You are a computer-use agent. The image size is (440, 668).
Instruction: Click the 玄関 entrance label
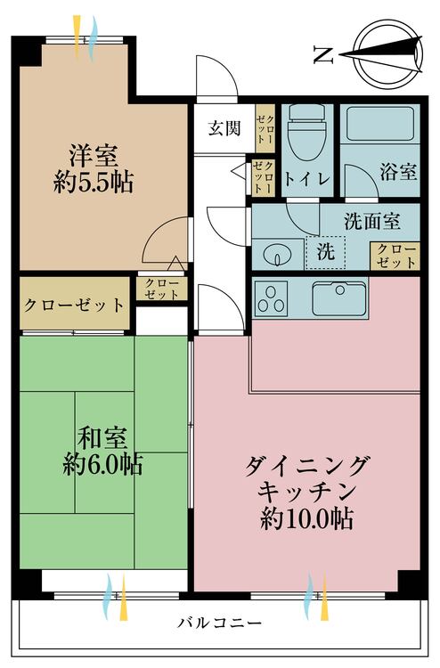click(224, 127)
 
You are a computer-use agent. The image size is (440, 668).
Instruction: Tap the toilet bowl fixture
click(306, 133)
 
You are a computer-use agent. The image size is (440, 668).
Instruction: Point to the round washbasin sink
click(277, 256)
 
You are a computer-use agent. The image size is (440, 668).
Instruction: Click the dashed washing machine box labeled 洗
click(326, 253)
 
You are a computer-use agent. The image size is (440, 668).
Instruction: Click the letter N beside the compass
click(322, 55)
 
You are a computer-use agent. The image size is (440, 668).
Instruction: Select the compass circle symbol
click(389, 54)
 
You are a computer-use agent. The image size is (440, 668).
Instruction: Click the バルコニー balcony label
click(220, 623)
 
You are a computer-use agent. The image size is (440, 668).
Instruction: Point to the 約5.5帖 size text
click(94, 183)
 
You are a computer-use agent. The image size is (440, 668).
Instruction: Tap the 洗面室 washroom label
click(372, 221)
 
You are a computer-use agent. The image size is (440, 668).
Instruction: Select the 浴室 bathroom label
click(398, 173)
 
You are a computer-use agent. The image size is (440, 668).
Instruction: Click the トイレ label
click(307, 179)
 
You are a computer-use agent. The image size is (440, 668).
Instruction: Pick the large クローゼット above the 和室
click(75, 304)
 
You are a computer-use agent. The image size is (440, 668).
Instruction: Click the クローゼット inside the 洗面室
click(395, 256)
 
